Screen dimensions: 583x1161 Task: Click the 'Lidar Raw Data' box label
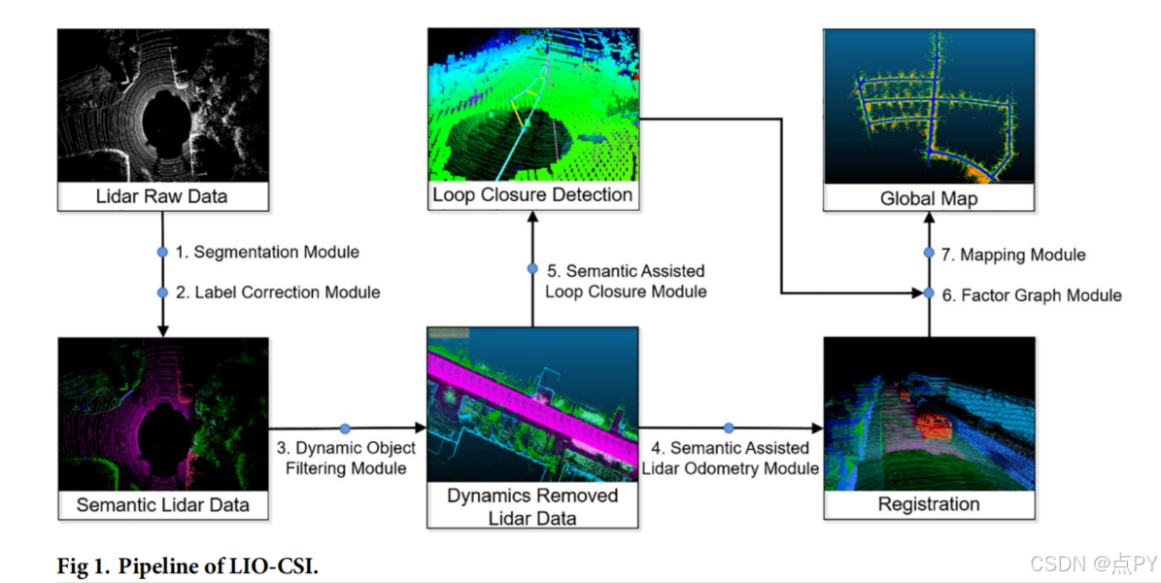162,196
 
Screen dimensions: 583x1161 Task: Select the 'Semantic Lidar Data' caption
162,504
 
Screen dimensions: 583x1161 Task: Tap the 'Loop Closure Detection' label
532,194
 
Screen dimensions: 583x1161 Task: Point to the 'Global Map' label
929,198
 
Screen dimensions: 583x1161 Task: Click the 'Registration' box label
929,503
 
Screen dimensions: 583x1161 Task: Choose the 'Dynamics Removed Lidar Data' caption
532,506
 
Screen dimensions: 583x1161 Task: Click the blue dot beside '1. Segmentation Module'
162,253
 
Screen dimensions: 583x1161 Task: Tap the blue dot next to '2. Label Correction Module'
162,291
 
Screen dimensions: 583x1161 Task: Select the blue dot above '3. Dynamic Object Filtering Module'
345,428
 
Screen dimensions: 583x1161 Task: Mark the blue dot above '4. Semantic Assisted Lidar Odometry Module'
729,428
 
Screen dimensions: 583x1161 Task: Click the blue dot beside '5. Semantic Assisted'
532,269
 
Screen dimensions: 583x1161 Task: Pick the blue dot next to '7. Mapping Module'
929,255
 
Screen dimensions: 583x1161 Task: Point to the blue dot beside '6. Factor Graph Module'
929,293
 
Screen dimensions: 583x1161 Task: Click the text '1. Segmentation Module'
267,253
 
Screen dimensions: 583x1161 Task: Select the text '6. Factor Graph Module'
1032,294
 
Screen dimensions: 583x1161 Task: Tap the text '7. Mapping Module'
1014,255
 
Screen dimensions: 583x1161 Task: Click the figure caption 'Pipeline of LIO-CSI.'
232,566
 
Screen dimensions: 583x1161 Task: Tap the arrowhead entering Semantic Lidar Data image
162,331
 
